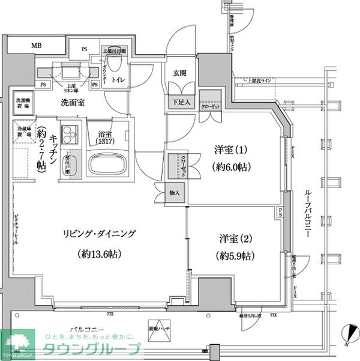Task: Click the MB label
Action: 37,45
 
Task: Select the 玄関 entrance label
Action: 181,73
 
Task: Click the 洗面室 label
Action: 71,102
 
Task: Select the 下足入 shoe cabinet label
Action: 181,102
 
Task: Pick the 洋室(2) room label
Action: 232,237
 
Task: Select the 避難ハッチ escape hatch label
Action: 158,330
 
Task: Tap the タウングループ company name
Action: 91,350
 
